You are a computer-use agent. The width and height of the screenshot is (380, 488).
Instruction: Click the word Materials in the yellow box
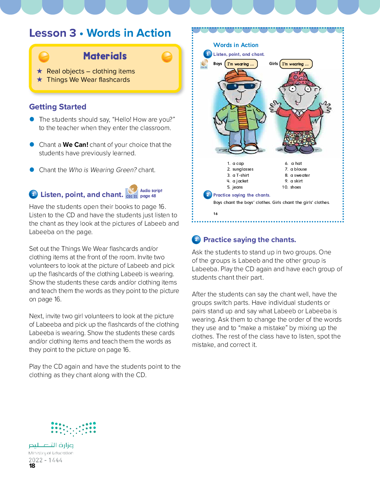(x=105, y=56)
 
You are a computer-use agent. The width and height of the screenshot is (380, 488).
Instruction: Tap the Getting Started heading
(x=57, y=107)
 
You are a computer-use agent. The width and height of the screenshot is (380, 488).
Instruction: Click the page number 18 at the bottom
(x=32, y=466)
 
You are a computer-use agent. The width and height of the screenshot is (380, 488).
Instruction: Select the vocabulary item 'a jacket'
(x=240, y=181)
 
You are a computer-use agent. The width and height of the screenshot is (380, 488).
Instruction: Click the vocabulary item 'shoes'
(x=295, y=187)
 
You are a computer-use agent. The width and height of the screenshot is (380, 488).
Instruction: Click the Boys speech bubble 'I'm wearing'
(x=241, y=64)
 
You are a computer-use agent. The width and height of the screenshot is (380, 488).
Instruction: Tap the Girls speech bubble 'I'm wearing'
(x=296, y=64)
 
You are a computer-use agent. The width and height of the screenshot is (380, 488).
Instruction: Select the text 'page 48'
(x=148, y=196)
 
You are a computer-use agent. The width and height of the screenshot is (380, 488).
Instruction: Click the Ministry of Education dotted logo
(x=74, y=428)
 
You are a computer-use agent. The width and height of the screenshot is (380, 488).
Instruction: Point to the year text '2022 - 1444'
(x=46, y=460)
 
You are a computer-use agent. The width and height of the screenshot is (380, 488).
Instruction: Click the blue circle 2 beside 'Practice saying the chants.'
(x=196, y=240)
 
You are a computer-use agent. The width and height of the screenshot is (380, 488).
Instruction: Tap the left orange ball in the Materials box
(x=44, y=57)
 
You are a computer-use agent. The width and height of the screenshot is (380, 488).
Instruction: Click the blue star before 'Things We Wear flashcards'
(x=39, y=80)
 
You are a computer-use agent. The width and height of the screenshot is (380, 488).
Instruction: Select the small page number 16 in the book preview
(x=216, y=214)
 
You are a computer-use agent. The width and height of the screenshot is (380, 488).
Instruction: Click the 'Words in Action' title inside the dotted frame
(x=236, y=45)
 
